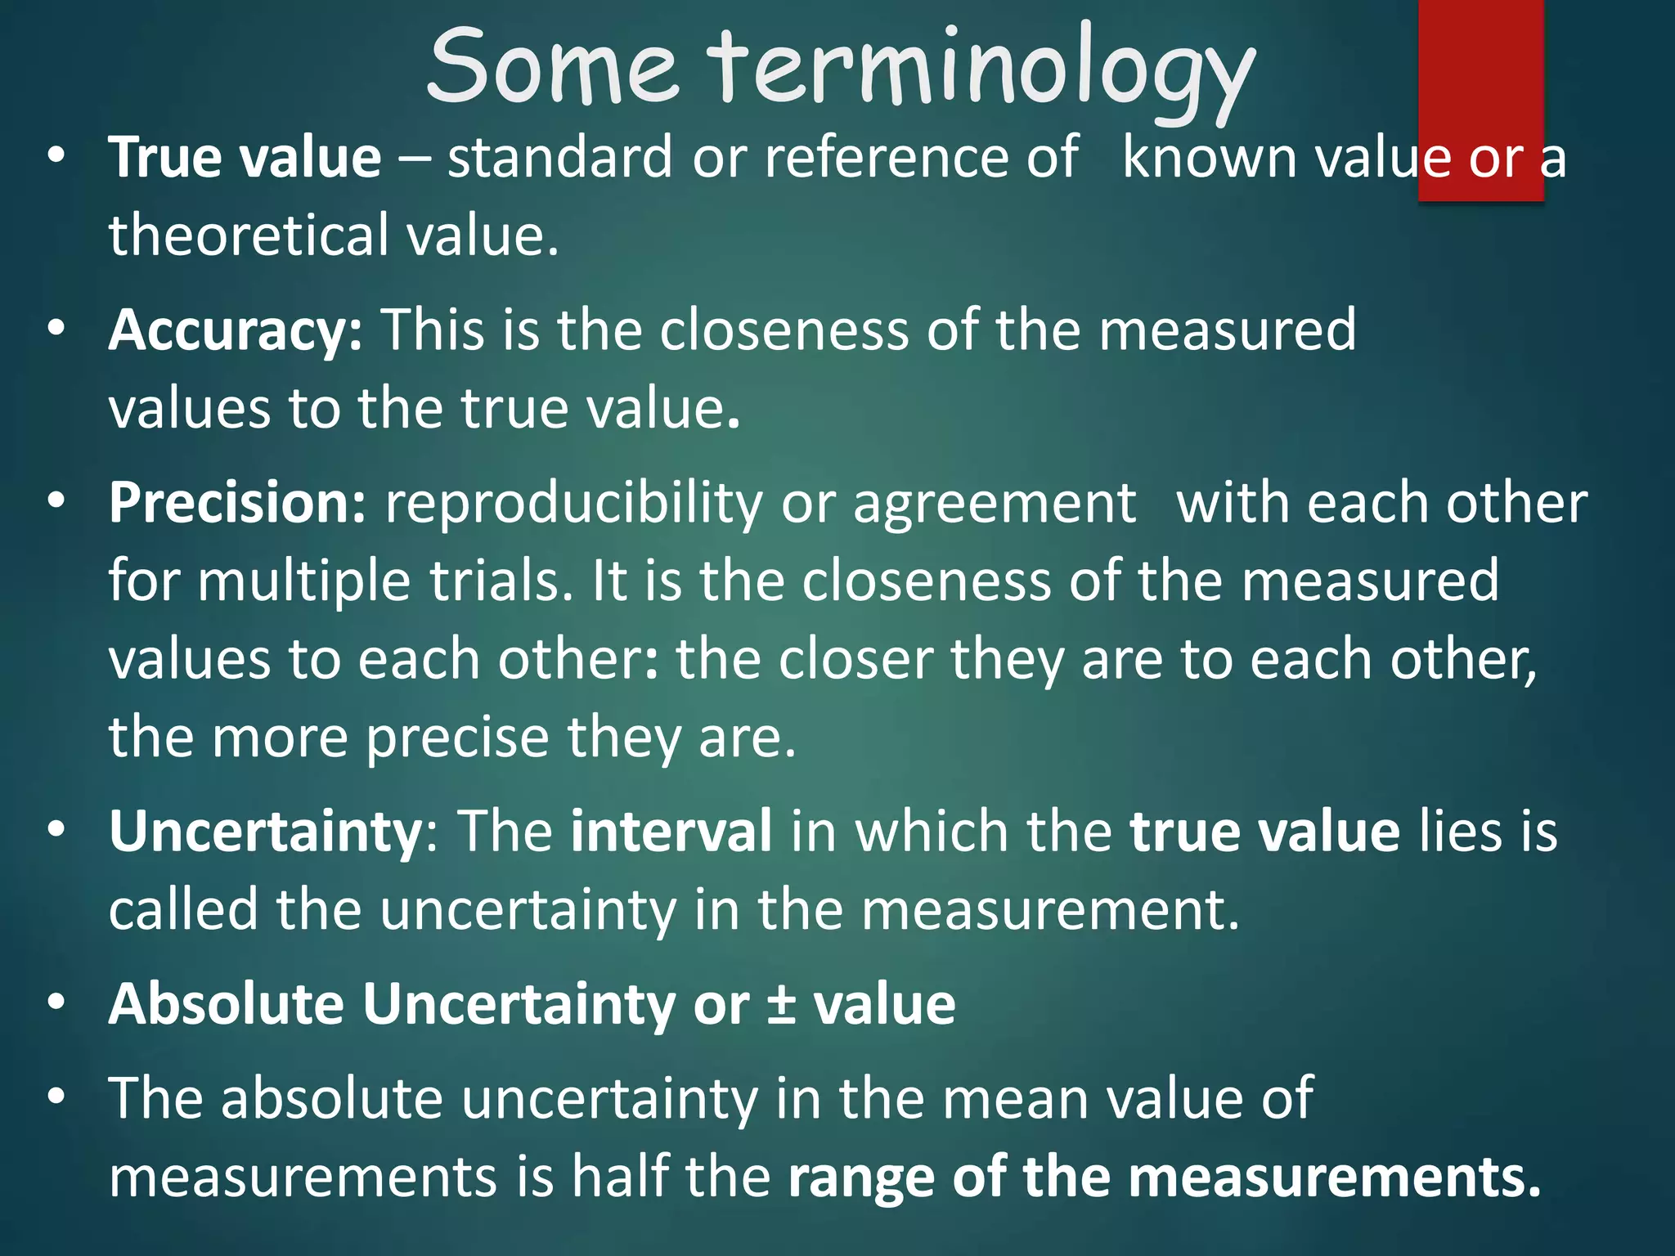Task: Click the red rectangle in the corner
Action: tap(1480, 98)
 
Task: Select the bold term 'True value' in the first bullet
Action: tap(245, 157)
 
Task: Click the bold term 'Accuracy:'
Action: tap(236, 330)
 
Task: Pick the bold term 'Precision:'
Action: tap(237, 503)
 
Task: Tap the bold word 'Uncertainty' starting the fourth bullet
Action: tap(265, 832)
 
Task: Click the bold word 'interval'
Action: tap(671, 832)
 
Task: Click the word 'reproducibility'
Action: tap(573, 505)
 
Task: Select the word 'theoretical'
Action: tap(249, 235)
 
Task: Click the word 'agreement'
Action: tap(994, 505)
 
